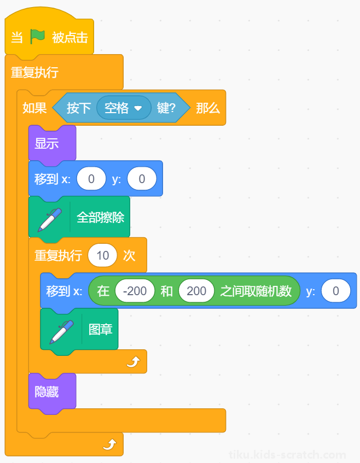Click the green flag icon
coord(37,37)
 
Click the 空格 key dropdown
coord(124,108)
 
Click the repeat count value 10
coord(102,255)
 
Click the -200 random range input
coord(135,291)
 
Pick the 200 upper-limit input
coord(196,291)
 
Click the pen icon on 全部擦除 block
coord(50,220)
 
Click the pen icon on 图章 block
coord(61,332)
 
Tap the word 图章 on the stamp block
coord(101,329)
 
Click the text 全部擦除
coord(101,218)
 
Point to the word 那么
coord(208,108)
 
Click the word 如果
coord(34,108)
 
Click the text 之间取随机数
coord(256,291)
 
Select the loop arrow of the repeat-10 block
coord(133,361)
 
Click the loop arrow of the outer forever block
coord(109,444)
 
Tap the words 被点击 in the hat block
coord(70,38)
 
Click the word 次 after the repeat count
coord(129,255)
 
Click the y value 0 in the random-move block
coord(336,291)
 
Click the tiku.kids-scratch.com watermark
coord(287,455)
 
